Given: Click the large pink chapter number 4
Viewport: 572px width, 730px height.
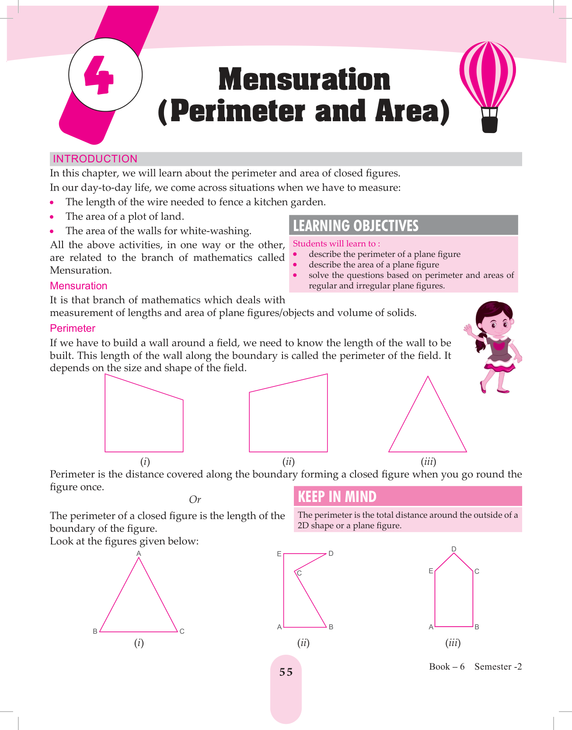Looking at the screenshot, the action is click(99, 75).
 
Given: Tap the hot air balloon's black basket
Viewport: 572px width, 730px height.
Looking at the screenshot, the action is click(489, 124).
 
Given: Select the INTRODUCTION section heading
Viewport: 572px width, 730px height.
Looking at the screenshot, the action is click(95, 159).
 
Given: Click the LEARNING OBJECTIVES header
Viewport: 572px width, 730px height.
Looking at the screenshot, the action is click(356, 225).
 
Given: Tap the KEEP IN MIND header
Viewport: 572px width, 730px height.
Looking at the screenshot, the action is click(337, 497).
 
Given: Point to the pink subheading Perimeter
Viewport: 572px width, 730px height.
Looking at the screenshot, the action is click(73, 328).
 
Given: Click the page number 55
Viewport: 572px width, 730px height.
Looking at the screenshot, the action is click(286, 672).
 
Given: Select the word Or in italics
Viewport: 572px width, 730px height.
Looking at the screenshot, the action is click(195, 499).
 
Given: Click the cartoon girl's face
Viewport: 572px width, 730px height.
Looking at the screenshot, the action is click(498, 324).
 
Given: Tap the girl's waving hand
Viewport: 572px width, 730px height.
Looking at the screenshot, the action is click(469, 330).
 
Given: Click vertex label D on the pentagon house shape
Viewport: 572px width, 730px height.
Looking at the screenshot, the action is click(454, 549).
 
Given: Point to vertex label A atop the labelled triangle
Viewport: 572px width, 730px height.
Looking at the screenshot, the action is click(139, 553).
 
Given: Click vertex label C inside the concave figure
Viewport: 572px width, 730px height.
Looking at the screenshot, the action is click(300, 573).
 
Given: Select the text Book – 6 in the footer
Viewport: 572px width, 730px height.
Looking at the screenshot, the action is click(447, 667).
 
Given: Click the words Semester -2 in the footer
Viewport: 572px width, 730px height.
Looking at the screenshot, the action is click(498, 667).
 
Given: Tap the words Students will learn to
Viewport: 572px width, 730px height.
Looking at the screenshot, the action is click(334, 244).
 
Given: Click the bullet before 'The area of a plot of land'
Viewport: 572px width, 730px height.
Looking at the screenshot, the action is click(52, 217).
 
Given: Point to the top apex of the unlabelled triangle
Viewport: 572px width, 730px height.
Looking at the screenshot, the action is click(428, 376).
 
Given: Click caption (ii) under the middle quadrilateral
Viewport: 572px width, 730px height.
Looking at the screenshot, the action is click(288, 462).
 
